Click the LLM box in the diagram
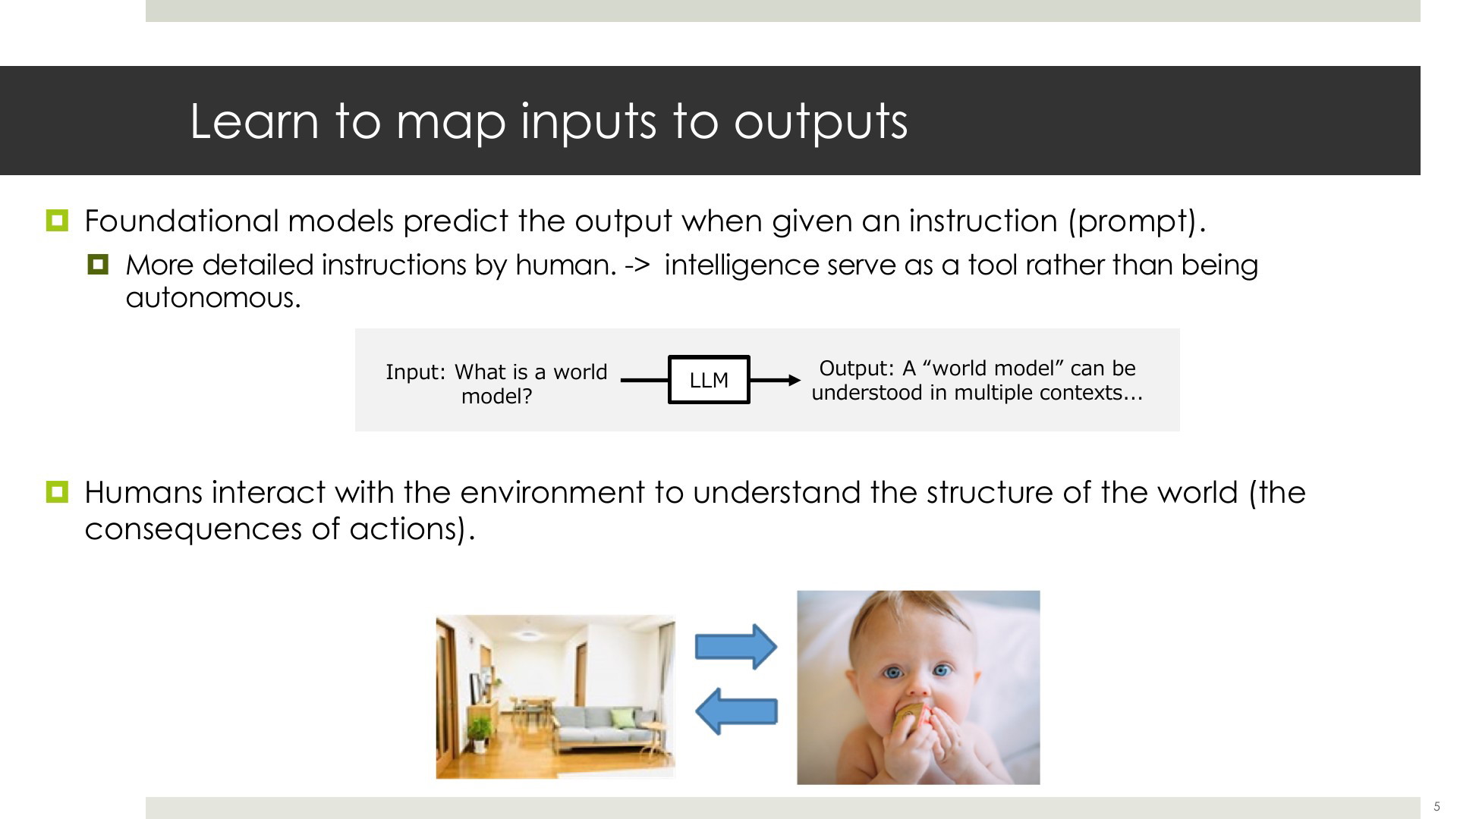709,379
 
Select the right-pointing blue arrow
736,647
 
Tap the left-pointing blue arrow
736,711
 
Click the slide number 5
1437,807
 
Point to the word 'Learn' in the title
254,121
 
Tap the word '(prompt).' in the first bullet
1137,221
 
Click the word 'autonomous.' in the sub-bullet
213,297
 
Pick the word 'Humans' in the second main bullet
143,493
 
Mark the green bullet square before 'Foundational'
57,221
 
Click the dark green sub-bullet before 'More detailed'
98,265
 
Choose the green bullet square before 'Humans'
57,492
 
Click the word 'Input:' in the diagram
416,372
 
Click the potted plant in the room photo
479,733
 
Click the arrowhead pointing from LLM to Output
795,380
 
